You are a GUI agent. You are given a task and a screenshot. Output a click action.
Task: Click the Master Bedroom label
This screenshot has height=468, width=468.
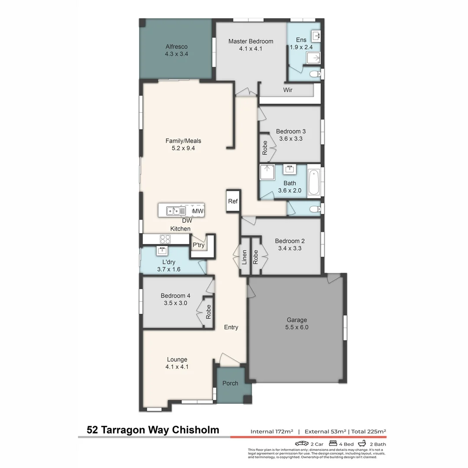coord(250,41)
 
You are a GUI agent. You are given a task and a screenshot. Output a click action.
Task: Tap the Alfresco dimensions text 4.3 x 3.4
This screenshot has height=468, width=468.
coord(176,54)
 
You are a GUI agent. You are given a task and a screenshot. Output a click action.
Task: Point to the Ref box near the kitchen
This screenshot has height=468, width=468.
coord(233,201)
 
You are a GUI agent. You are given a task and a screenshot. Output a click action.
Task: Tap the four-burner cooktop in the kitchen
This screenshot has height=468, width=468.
coord(165,239)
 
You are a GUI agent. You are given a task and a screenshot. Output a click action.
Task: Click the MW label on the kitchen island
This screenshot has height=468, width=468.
coord(198,211)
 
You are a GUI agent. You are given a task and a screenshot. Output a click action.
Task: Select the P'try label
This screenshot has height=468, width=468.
coord(198,245)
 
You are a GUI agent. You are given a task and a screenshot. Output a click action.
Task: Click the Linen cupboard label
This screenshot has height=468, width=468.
coord(244,257)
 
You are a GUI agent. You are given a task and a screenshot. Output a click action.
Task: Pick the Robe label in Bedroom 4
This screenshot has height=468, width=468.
coord(208,312)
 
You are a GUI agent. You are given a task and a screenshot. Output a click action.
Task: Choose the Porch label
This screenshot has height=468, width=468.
coord(230,383)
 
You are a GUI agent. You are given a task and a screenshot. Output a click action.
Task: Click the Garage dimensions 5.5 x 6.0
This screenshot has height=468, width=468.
coord(296,328)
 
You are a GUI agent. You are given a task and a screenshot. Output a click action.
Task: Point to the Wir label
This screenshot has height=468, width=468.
coord(288,90)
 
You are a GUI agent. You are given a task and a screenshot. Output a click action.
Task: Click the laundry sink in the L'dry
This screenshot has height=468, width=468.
coord(162,250)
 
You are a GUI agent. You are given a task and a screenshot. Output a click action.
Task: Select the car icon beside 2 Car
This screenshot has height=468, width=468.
coord(302,444)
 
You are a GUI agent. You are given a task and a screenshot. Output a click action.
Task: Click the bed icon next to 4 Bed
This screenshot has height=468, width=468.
coord(333,444)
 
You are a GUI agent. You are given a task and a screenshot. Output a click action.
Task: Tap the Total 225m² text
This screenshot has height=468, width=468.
coord(368,432)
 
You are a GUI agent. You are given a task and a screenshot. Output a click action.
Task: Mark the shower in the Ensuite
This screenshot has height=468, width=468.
coord(313,58)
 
